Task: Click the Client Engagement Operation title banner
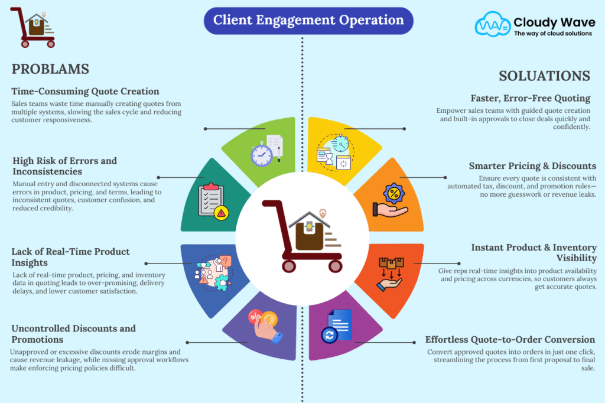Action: point(308,21)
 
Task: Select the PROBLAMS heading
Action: point(50,69)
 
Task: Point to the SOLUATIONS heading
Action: point(544,76)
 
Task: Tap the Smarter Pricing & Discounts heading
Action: point(533,166)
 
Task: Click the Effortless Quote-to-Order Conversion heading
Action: point(510,340)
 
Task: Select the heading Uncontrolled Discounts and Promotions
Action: point(74,333)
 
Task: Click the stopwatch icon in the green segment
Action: point(262,155)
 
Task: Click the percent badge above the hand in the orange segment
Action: point(392,193)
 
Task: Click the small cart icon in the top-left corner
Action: point(34,27)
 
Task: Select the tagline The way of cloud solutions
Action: point(552,34)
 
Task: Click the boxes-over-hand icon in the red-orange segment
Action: point(391,272)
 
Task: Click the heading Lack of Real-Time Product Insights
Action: point(71,256)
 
